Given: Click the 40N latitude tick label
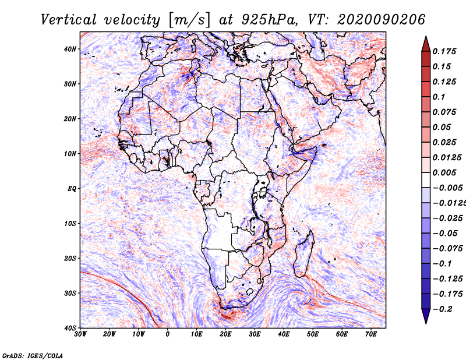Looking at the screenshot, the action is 70,49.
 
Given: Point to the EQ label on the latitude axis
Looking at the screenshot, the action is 72,189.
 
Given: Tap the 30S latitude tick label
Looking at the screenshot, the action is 70,293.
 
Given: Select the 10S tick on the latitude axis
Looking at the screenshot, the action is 70,223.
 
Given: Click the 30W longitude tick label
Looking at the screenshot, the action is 80,334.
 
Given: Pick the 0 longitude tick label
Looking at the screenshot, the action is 168,334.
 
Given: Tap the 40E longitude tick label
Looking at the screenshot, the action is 284,334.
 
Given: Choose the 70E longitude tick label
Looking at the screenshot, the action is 371,334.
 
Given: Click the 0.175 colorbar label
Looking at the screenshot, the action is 444,51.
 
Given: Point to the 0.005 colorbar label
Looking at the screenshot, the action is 444,172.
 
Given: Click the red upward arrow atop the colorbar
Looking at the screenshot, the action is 426,44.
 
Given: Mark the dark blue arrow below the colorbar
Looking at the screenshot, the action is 426,316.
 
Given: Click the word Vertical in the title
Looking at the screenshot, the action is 69,20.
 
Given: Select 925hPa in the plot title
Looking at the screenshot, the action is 269,20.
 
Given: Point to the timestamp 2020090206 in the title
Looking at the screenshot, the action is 382,20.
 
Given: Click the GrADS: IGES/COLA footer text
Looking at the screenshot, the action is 33,355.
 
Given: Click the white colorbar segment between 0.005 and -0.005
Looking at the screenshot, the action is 426,180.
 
